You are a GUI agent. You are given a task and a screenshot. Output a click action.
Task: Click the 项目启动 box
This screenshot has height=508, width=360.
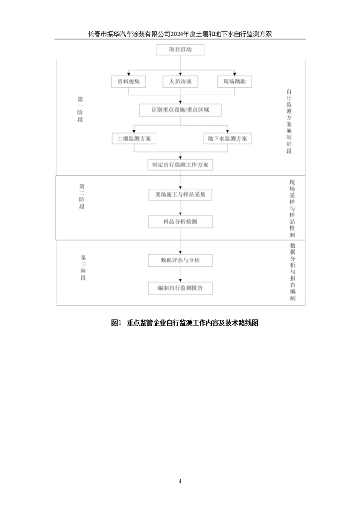point(180,49)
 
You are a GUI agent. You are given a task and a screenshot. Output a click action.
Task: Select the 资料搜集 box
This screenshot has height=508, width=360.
point(129,82)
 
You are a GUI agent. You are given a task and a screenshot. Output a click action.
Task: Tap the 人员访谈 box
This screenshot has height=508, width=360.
point(180,82)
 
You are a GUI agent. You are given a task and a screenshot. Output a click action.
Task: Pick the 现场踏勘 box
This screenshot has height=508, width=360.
point(235,82)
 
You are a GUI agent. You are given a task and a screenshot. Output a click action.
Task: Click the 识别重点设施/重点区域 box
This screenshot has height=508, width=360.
point(180,110)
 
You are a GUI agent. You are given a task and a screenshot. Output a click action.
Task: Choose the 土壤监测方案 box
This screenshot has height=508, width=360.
point(134,139)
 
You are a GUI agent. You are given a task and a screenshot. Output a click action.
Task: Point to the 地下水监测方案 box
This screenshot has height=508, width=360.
point(228,139)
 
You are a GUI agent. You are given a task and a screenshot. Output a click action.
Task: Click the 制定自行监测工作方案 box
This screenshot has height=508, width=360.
point(180,165)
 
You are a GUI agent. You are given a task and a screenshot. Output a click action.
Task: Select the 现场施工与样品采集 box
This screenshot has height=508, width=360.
point(180,195)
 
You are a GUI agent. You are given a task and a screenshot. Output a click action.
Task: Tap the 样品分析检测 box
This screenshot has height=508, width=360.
point(180,222)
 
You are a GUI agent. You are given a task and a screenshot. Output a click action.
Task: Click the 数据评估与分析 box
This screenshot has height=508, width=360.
point(180,260)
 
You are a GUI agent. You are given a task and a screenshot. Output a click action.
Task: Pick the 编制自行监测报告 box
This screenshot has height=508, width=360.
point(180,288)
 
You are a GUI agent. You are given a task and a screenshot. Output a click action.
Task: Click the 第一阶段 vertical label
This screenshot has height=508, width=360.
point(80,109)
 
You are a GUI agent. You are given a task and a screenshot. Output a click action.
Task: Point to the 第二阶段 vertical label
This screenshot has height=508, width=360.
point(82,196)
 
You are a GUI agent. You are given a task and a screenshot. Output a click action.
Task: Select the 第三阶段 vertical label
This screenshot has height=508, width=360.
point(84,268)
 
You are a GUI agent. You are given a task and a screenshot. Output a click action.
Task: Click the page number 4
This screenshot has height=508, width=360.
point(180,481)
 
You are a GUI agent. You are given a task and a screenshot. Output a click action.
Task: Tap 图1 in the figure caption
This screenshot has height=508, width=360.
point(116,323)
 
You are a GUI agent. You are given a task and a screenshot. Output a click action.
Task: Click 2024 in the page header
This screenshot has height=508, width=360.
point(178,34)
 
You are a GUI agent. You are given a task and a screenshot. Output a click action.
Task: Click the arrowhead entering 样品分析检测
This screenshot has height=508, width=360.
point(180,214)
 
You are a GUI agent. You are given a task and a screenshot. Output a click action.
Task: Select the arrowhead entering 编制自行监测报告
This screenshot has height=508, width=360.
point(180,281)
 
